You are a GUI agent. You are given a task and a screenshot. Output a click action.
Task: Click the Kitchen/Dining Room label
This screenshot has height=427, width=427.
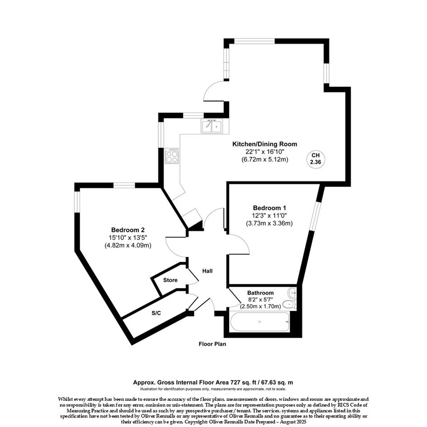coord(264,144)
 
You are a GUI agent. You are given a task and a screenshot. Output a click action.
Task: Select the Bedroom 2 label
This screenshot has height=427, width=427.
coord(128,230)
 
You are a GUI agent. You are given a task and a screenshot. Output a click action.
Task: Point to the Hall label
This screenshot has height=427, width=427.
coord(207,271)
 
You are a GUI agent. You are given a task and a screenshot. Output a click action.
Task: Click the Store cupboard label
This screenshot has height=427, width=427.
coord(170,280)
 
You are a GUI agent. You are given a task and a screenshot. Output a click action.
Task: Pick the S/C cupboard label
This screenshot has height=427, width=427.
coord(156,313)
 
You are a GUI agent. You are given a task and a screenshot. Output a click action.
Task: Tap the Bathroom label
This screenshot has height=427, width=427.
coord(260,293)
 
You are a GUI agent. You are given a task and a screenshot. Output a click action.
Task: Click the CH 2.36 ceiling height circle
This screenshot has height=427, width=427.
coord(316,159)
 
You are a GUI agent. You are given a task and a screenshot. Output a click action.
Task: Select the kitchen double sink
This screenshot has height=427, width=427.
coord(212,126)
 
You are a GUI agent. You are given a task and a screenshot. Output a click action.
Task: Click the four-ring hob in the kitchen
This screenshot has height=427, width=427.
coord(172,156)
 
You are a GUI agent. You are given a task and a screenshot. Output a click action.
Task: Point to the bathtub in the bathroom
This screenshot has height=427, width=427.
coord(260,322)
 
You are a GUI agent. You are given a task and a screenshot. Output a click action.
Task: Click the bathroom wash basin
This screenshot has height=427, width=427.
coord(292,293)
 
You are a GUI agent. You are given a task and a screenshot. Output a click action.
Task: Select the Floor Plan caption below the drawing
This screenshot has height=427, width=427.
coord(212,344)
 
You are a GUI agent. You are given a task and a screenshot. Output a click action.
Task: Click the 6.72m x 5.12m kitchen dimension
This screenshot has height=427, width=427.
coord(264,160)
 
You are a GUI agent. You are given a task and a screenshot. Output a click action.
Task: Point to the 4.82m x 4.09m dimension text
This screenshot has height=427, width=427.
coord(128,245)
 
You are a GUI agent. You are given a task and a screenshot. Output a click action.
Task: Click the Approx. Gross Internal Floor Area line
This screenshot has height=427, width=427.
coord(213,382)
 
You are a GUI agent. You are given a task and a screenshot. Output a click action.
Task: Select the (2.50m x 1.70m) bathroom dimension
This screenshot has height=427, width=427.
coord(260,306)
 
